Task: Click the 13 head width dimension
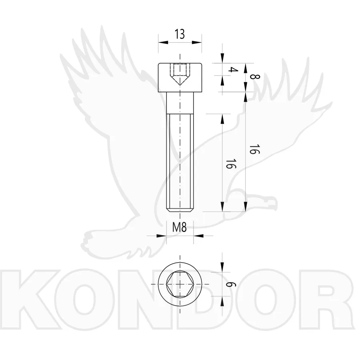(180, 34)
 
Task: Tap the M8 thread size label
(180, 228)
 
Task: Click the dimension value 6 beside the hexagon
(231, 284)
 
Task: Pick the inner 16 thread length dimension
(230, 163)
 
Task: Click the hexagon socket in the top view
(180, 284)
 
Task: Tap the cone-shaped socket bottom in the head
(180, 80)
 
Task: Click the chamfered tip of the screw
(180, 210)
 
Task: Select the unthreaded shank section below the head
(180, 103)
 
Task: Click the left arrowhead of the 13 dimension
(163, 42)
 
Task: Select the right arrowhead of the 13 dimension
(197, 42)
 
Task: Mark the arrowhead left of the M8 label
(161, 236)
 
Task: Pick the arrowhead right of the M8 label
(198, 236)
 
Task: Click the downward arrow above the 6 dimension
(222, 267)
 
